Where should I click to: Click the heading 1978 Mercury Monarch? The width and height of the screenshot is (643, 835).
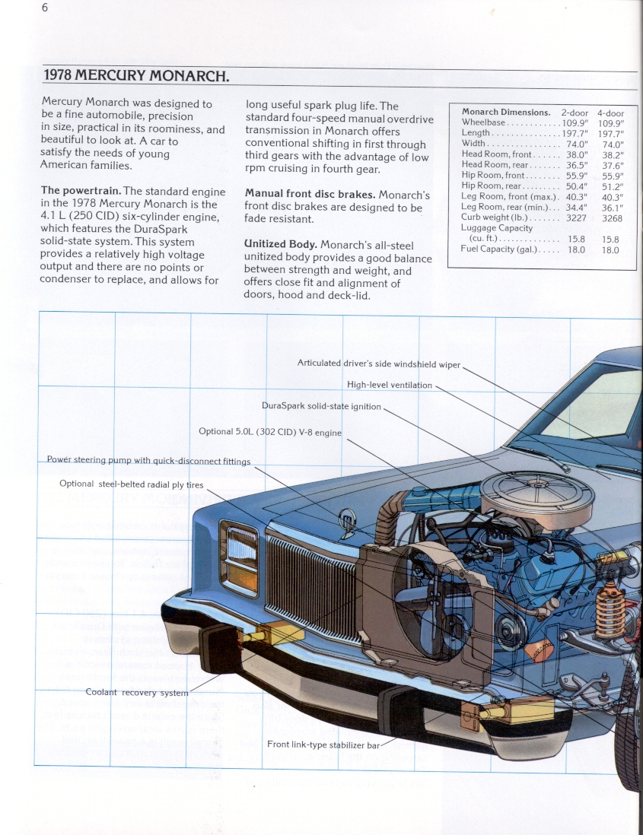coord(135,76)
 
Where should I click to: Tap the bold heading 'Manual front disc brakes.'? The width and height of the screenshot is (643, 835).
coord(310,195)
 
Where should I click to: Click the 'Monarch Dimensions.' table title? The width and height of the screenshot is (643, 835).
coord(506,112)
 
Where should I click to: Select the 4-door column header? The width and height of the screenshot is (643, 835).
coord(610,113)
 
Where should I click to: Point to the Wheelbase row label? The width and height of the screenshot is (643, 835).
coord(482,122)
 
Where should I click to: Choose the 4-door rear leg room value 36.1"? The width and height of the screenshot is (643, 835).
coord(612,207)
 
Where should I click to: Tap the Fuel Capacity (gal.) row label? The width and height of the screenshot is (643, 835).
coord(498,249)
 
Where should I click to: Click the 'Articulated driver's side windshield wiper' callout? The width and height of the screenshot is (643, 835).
coord(378,364)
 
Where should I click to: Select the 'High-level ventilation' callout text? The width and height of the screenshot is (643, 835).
coord(389,385)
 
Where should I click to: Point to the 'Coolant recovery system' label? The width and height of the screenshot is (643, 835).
coord(136,693)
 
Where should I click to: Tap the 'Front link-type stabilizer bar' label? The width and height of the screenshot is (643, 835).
coord(323,745)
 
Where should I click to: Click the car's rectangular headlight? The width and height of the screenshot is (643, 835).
coord(238,548)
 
